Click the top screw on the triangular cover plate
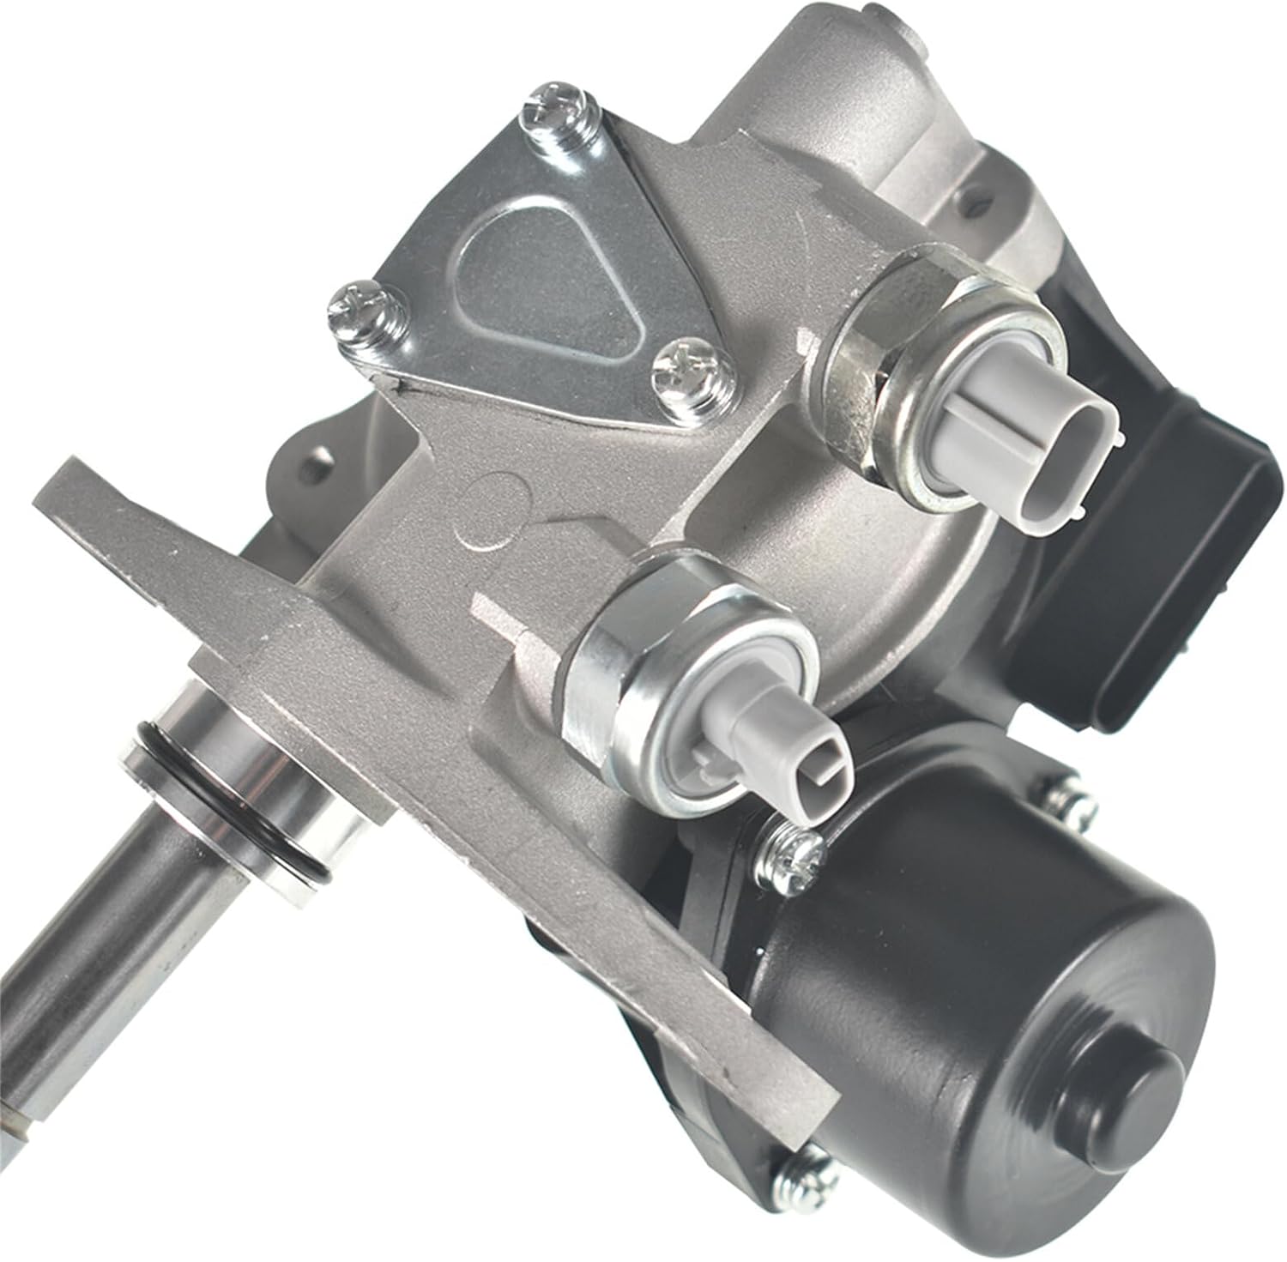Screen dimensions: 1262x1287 coord(559,108)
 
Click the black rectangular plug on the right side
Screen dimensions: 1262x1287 coord(1115,515)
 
